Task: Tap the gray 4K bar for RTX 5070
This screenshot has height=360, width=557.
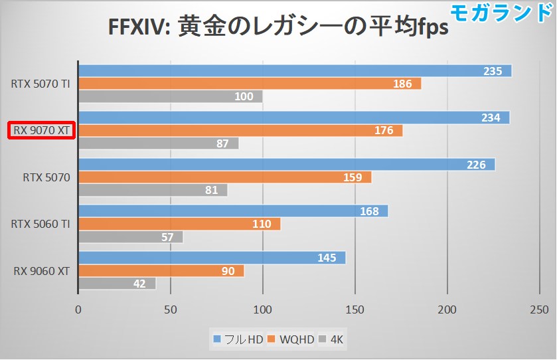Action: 153,191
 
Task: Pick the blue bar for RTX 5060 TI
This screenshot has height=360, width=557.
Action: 233,211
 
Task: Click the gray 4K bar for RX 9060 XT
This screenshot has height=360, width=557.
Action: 117,284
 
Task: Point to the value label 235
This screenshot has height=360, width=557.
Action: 492,71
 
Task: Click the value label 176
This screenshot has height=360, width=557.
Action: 384,130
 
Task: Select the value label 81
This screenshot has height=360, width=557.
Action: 210,191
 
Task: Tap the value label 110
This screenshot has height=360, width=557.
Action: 262,224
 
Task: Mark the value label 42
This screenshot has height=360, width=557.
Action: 139,284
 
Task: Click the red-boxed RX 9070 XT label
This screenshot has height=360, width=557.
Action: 42,130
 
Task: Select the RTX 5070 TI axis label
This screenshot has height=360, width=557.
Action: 40,84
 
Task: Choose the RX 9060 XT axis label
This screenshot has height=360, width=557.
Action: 42,270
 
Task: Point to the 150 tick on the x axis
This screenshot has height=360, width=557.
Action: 355,309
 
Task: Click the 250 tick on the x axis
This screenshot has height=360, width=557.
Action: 539,309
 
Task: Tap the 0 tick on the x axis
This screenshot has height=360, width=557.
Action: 78,309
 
